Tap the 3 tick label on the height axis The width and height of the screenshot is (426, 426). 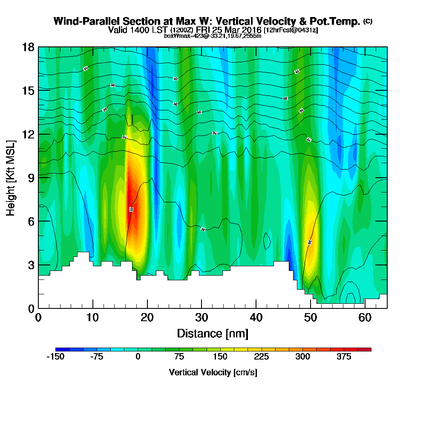click(x=30, y=265)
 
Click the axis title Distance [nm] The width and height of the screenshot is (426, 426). click(x=213, y=333)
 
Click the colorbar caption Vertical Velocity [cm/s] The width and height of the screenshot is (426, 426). click(x=213, y=372)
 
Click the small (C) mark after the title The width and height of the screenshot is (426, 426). click(x=368, y=21)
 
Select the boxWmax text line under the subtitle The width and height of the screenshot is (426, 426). click(x=213, y=36)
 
